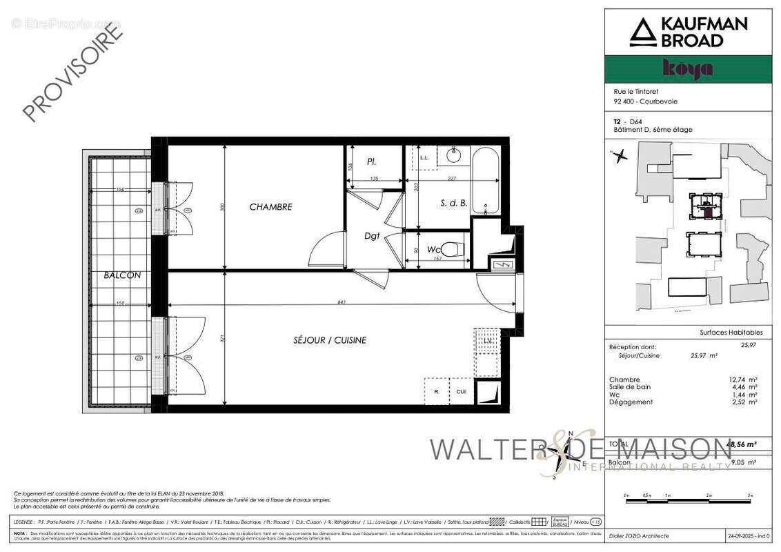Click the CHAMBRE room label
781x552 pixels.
(x=270, y=207)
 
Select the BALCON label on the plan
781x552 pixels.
(x=122, y=275)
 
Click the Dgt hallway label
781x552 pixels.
(x=373, y=236)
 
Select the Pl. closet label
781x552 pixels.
(x=371, y=162)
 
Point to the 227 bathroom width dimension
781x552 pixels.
(x=451, y=179)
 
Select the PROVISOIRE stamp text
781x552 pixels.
(x=72, y=71)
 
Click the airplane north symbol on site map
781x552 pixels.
(x=619, y=156)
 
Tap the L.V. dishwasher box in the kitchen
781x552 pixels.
(x=486, y=342)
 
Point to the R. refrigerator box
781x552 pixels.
(x=437, y=391)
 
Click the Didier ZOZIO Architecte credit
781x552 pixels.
(x=638, y=536)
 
